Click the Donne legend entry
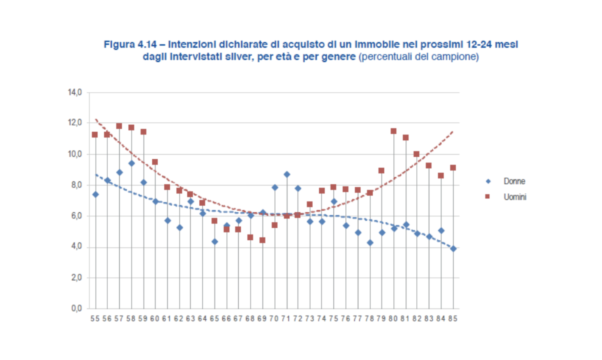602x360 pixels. pos(514,181)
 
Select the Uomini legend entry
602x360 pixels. pos(514,197)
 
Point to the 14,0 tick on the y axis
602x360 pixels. pos(75,92)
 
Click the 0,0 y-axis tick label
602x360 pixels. pos(76,309)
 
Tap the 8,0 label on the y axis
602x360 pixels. pos(76,185)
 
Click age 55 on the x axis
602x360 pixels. pos(95,319)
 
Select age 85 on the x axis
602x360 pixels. pos(452,319)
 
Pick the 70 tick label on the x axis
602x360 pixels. pos(274,319)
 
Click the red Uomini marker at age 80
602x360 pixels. pos(393,131)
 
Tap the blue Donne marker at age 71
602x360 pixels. pos(287,175)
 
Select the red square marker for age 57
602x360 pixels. pos(119,126)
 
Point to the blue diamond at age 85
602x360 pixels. pos(453,249)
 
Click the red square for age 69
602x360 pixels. pos(262,240)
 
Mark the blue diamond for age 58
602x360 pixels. pos(132,163)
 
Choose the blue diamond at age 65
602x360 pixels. pos(215,242)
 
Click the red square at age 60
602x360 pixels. pos(155,162)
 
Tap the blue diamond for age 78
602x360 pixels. pos(370,243)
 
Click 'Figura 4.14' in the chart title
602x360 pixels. pos(130,44)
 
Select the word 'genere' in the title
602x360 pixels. pos(340,57)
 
